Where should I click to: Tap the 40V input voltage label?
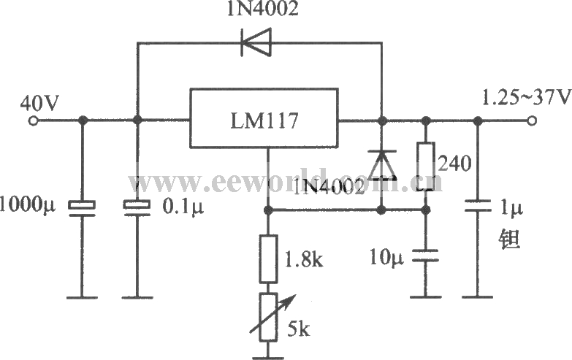[39, 102]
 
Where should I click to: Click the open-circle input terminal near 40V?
[31, 120]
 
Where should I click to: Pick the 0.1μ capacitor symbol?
[136, 207]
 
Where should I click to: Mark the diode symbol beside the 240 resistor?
[381, 164]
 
